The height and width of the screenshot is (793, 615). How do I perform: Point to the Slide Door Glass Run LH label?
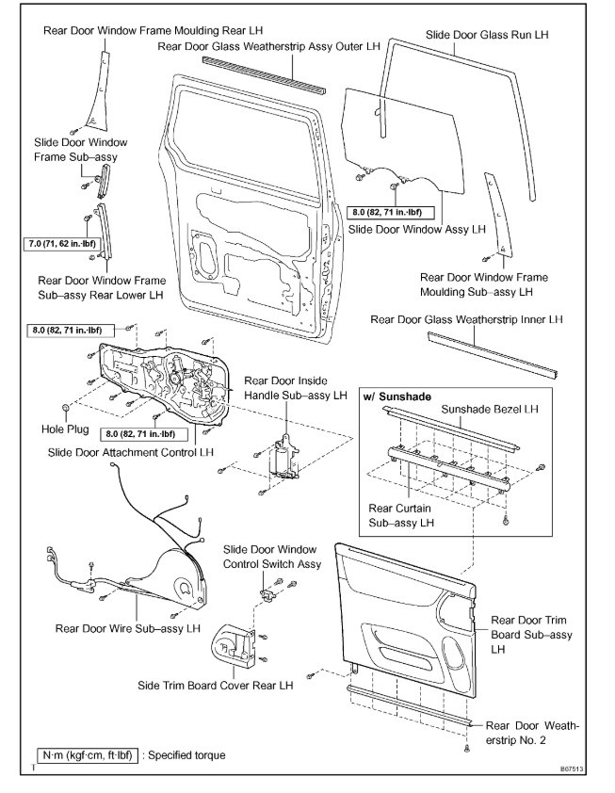pos(487,34)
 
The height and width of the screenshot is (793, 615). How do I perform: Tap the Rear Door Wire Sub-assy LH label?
pos(128,627)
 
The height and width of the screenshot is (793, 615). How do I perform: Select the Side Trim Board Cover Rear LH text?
pos(214,686)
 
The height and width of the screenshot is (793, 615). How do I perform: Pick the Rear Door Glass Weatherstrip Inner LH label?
pos(467,320)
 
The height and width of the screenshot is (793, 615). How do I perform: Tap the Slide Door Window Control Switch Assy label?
pos(272,557)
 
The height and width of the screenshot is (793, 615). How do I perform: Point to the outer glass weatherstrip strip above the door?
pos(264,74)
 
